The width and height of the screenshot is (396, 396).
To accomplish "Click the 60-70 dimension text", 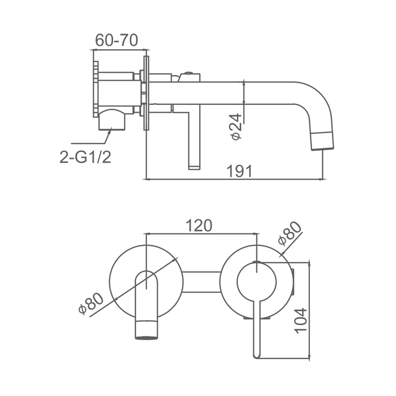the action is [x=116, y=40].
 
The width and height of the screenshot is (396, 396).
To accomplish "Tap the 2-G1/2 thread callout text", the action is [x=86, y=157].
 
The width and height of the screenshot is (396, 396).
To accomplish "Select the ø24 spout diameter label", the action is [x=236, y=126].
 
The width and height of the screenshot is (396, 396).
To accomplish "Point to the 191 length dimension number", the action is [x=240, y=171].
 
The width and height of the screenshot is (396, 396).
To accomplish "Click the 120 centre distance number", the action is [x=199, y=226].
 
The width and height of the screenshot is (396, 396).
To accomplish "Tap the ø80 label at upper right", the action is [x=290, y=233].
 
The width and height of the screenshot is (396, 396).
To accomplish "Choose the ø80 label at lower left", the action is [x=91, y=304].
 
